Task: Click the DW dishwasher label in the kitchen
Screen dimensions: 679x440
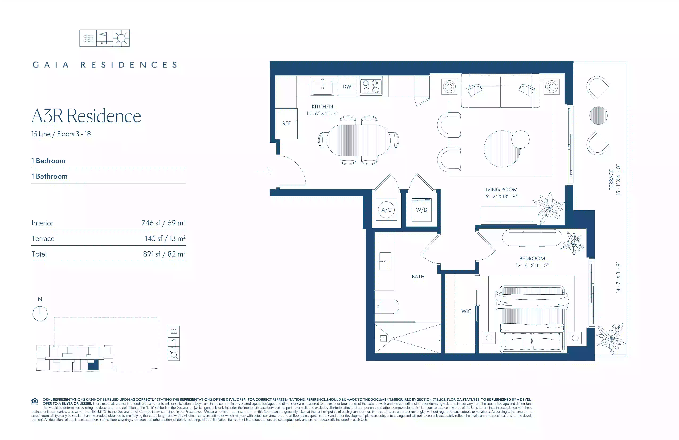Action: coord(347,87)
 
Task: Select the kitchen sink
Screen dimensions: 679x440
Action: coord(322,87)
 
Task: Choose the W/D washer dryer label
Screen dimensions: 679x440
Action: coord(421,210)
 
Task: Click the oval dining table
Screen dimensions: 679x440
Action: coord(359,140)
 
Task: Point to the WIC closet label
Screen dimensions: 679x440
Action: coord(467,311)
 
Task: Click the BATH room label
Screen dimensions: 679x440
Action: coord(418,277)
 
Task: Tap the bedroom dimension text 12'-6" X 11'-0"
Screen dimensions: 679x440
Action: coord(532,265)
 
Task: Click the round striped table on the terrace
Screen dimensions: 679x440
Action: coord(598,115)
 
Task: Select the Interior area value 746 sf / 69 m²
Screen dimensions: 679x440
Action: coord(163,223)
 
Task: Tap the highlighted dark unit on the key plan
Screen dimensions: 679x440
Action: coord(93,365)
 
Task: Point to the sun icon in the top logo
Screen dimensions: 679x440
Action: coord(121,38)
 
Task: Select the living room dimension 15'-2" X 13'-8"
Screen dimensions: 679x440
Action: coord(500,197)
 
